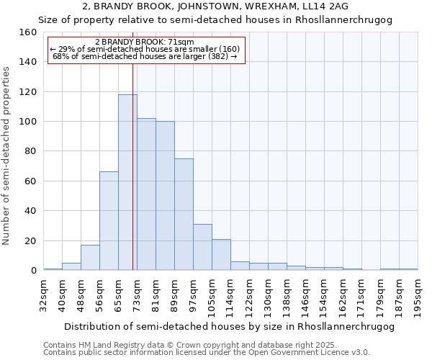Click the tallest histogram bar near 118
tap(127, 182)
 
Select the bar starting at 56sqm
tap(109, 220)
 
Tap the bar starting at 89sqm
tap(184, 214)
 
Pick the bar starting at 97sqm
tap(202, 247)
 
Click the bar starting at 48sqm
tap(90, 258)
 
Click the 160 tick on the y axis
tap(27, 32)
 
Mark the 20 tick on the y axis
tap(30, 240)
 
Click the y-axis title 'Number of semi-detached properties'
tap(7, 151)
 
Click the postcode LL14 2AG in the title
tap(325, 6)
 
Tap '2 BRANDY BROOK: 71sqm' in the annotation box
tap(145, 42)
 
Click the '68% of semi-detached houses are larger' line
tap(145, 56)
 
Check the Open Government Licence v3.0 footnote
tap(206, 353)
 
